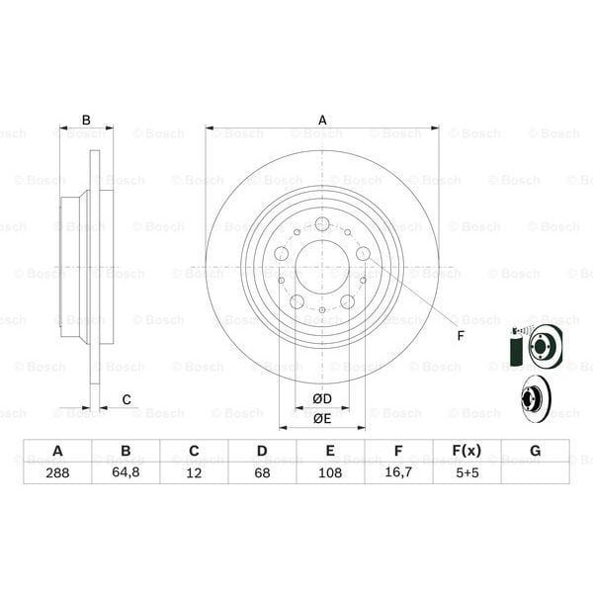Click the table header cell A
coord(57,451)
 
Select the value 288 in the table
coord(57,472)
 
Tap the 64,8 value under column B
coord(126,472)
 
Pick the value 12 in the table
coord(194,472)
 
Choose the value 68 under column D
coord(262,472)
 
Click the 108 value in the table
coord(330,472)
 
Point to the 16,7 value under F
coord(398,472)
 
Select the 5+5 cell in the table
coord(466,472)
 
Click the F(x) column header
coord(466,451)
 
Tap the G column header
coord(535,451)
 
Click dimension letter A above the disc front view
coord(322,121)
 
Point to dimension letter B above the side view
coord(86,121)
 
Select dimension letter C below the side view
coord(126,399)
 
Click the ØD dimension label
coord(322,398)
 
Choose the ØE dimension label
coord(322,418)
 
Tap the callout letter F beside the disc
coord(460,334)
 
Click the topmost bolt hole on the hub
coord(322,224)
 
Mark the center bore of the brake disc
coord(322,267)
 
